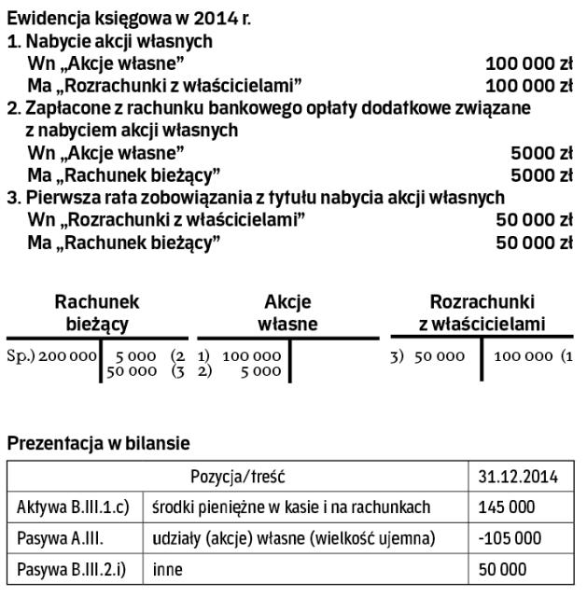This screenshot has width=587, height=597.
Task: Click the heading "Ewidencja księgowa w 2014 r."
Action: [129, 19]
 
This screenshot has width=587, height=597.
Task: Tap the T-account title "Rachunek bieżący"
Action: [97, 313]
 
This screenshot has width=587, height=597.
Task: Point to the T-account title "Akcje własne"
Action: [287, 313]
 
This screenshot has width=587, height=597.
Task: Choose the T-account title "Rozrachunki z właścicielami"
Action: [482, 313]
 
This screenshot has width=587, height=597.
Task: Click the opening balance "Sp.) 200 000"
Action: [52, 356]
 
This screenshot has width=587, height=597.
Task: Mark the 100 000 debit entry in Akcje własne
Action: [252, 356]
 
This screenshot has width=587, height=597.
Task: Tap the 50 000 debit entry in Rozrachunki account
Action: [439, 356]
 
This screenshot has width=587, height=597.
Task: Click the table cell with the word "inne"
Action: [168, 569]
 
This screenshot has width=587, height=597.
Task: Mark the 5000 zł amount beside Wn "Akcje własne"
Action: [541, 152]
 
